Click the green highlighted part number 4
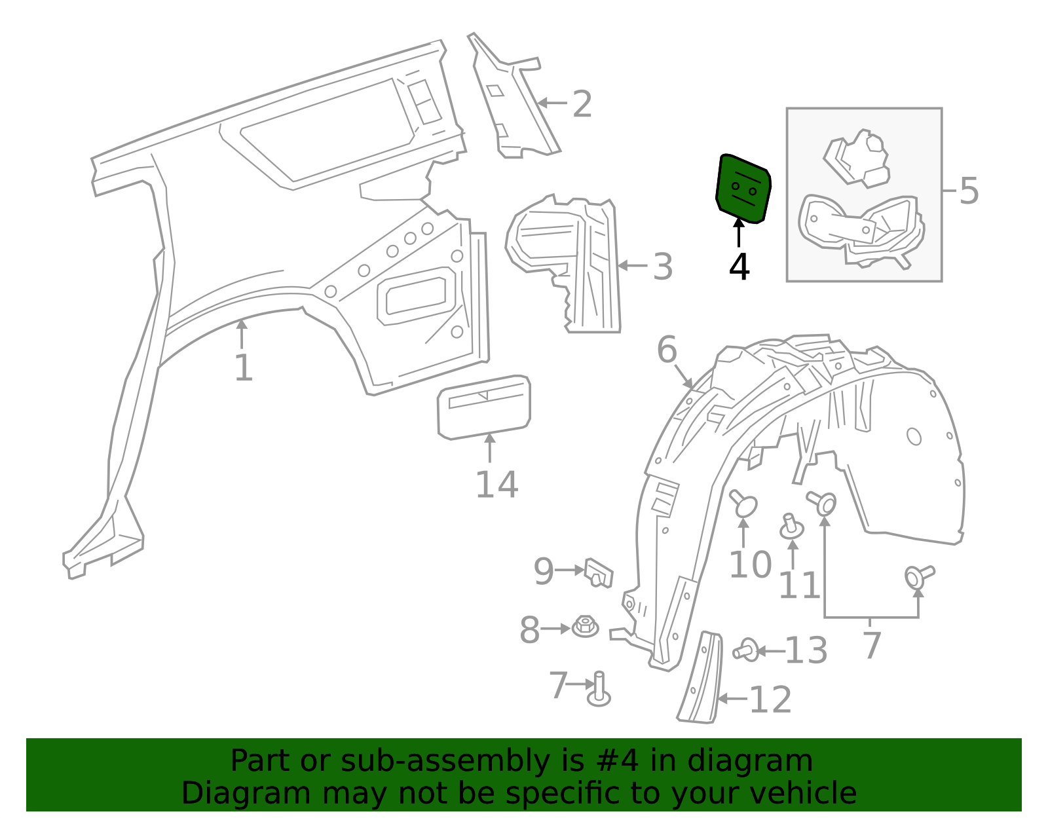coord(743,189)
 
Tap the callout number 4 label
coord(739,267)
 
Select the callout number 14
coord(496,485)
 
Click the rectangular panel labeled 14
coord(484,406)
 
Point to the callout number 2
coord(582,104)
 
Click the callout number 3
coord(663,267)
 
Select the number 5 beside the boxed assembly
coord(969,191)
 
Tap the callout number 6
coord(666,350)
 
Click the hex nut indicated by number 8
coord(585,626)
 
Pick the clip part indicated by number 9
coord(598,573)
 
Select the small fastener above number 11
coord(792,527)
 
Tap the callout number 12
coord(770,700)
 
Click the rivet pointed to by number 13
coord(747,650)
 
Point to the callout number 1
coord(243,368)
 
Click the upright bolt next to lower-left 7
coord(599,691)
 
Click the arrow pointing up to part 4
coord(739,233)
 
